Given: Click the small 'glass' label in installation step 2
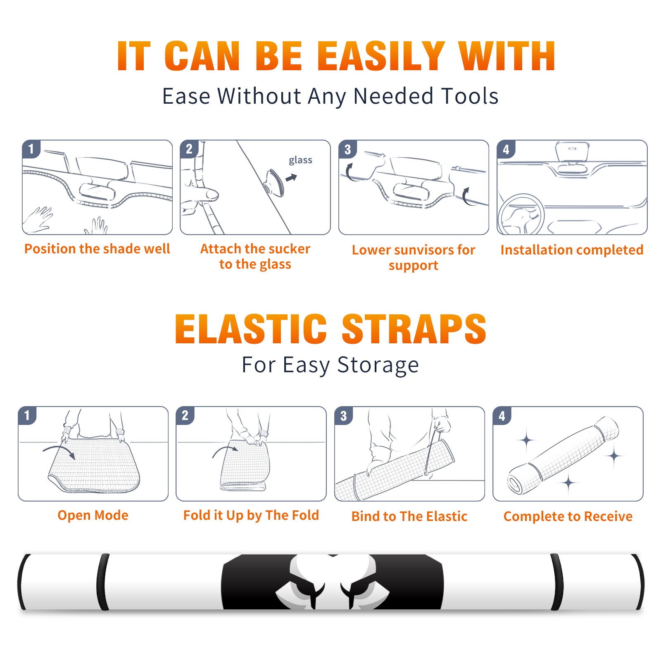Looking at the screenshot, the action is pos(300,160).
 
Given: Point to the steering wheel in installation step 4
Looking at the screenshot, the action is pos(521,215).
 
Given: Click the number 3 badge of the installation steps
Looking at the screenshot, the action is pos(347,150).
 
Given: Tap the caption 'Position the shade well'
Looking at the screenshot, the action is pos(97,249).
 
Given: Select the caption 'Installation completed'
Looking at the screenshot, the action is pos(572,250).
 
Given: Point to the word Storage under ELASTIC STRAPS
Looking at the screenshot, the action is pos(378,366).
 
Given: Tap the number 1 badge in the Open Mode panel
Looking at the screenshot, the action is pos(27,416).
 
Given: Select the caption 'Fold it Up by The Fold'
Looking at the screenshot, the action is pos(251,516).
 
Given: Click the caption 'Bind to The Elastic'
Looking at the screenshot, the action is pos(409,516).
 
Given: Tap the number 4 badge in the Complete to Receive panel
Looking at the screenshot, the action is pos(502,416).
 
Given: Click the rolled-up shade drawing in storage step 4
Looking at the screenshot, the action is pos(564,455).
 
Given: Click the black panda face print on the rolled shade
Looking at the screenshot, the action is pos(332,582).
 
